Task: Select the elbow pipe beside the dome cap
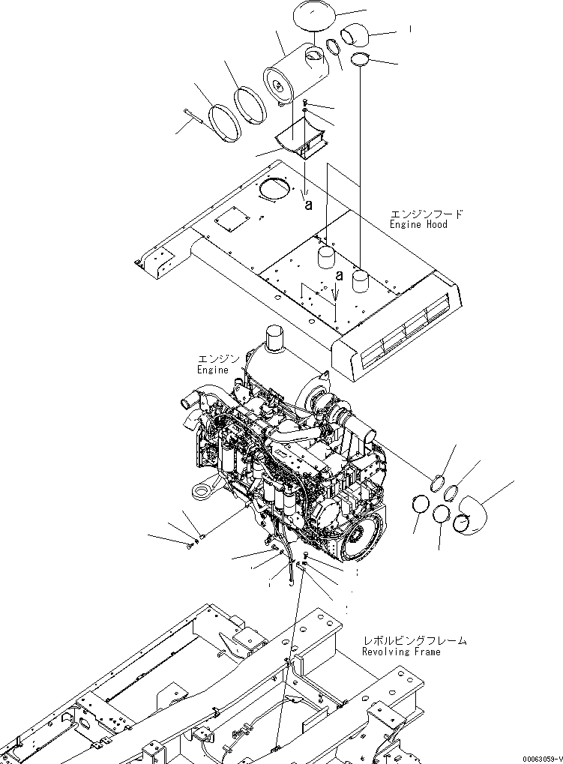pos(355,35)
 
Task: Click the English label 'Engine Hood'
pos(418,224)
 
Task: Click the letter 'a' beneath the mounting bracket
pos(308,203)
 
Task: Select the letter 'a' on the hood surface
pos(340,275)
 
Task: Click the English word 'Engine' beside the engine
pos(212,370)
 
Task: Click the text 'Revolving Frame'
pos(401,652)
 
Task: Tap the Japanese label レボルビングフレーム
pos(414,641)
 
